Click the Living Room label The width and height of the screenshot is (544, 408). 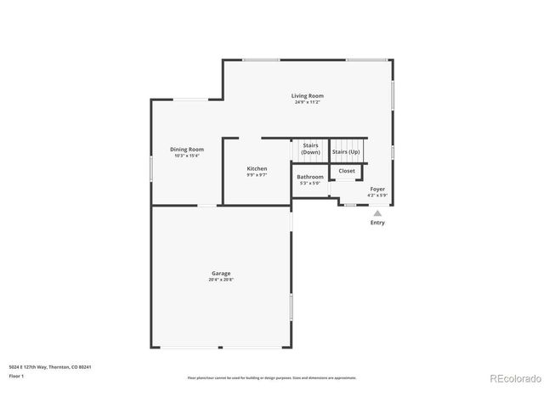point(307,96)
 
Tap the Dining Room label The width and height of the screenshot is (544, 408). point(186,150)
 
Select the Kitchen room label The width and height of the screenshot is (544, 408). point(257,168)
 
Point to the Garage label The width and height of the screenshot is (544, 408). point(221,273)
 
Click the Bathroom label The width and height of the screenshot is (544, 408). point(309,177)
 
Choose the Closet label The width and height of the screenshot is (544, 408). point(347,171)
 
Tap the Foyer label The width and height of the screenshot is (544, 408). point(377,190)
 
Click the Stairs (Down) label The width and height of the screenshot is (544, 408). point(309,149)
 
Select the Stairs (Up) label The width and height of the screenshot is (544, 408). point(345,151)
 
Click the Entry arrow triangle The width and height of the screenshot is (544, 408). point(377,213)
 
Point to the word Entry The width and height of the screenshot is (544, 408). point(377,223)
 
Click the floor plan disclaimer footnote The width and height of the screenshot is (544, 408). point(271,377)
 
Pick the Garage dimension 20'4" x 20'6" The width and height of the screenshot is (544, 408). point(221,280)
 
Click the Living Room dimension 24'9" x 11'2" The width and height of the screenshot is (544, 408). point(307,103)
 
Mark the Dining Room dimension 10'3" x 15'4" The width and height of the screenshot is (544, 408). point(186,156)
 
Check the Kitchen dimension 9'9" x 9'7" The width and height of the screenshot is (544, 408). point(257,175)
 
